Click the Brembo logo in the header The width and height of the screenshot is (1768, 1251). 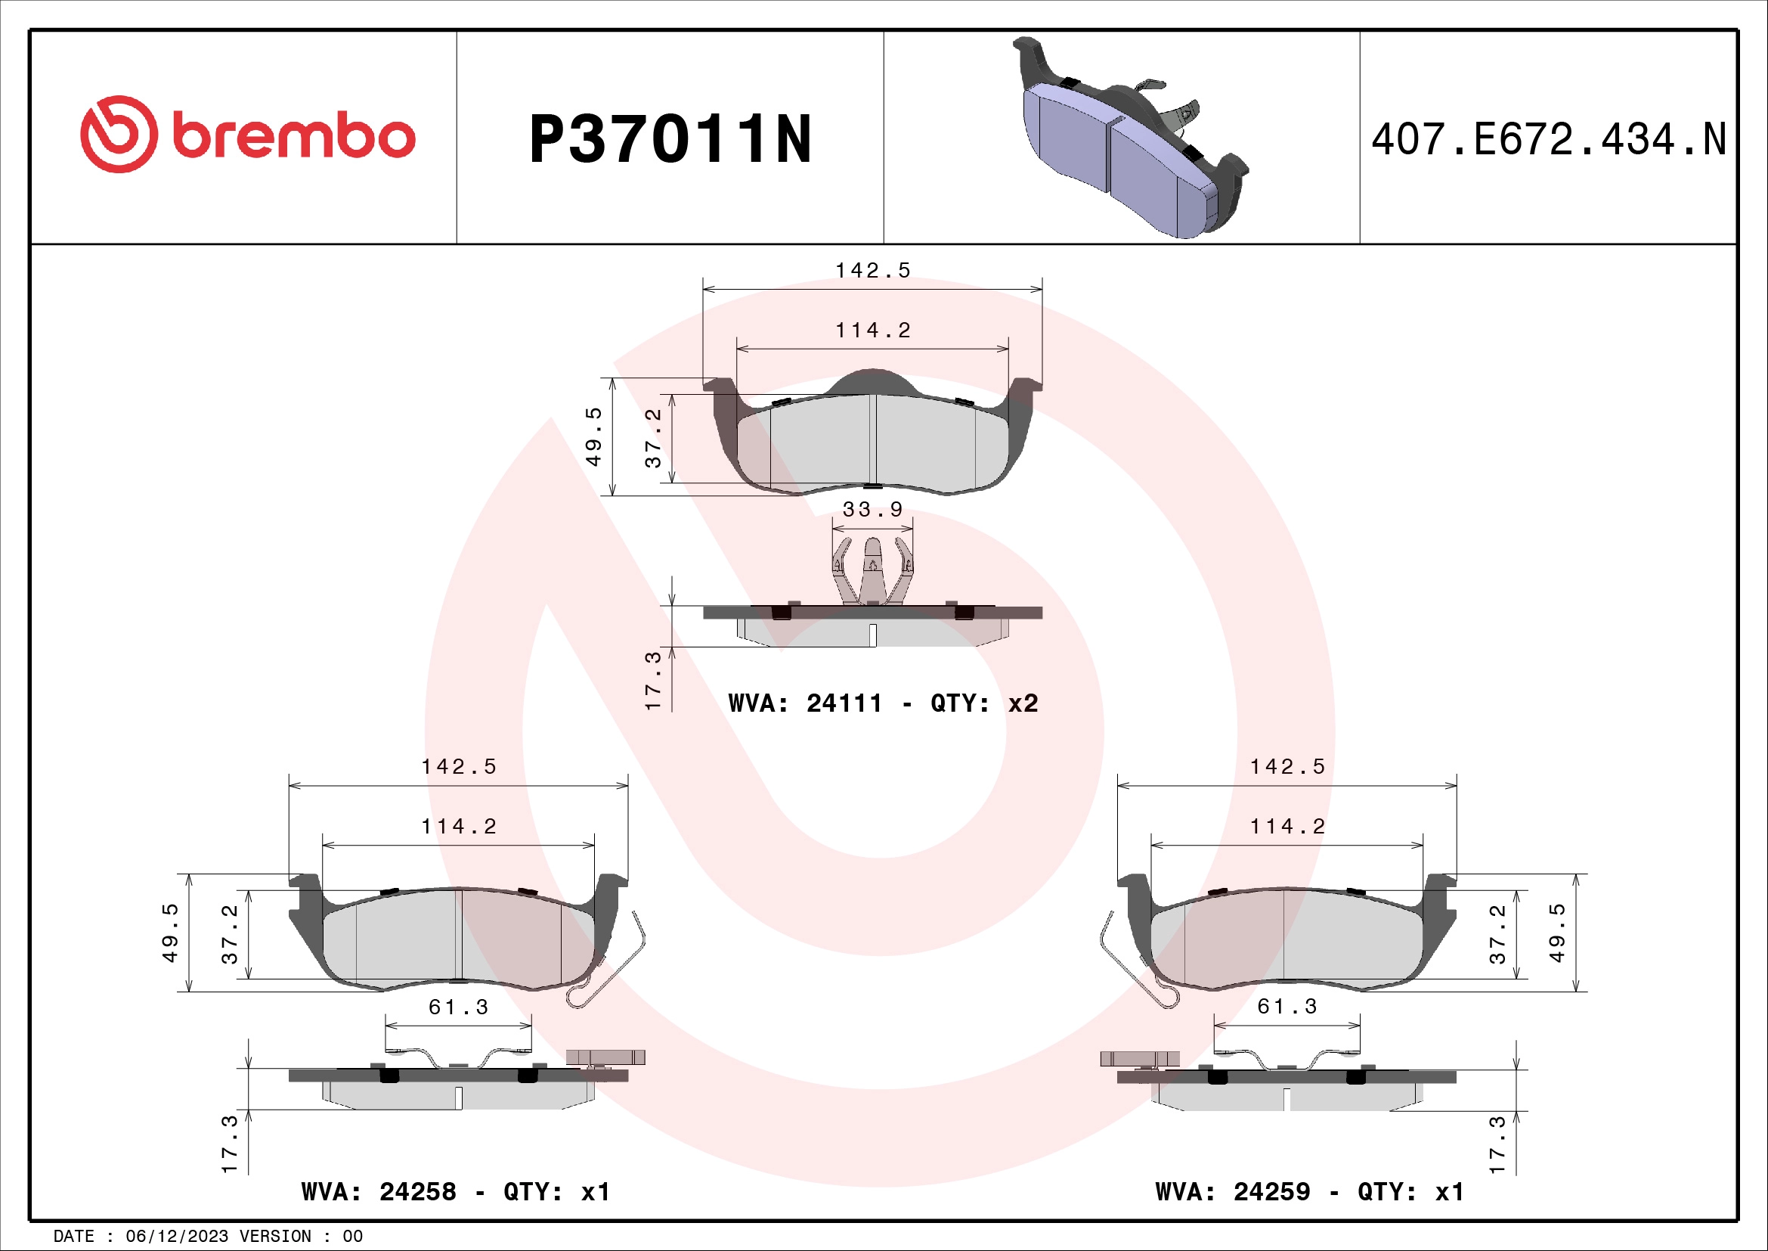click(x=247, y=135)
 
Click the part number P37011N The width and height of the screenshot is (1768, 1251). click(x=670, y=139)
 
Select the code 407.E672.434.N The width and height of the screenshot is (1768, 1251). click(x=1548, y=140)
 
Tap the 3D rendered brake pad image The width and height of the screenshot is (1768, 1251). click(x=1129, y=138)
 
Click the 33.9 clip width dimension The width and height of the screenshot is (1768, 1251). click(x=872, y=510)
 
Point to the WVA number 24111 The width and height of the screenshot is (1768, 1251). click(x=844, y=703)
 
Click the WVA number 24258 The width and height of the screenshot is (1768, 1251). click(x=417, y=1192)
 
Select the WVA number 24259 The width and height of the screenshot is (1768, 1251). click(x=1271, y=1192)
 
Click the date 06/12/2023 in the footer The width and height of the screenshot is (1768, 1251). click(x=176, y=1237)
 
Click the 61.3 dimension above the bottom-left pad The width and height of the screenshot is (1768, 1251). click(x=458, y=1007)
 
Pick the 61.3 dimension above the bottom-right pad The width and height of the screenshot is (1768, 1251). click(x=1287, y=1007)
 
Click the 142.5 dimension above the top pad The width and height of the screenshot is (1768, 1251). click(x=872, y=270)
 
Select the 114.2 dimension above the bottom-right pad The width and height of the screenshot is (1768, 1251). click(x=1287, y=827)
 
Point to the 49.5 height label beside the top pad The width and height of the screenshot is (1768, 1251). click(x=593, y=436)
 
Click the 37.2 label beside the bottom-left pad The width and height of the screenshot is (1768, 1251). click(x=230, y=933)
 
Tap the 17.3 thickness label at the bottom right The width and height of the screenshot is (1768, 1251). click(x=1496, y=1144)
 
